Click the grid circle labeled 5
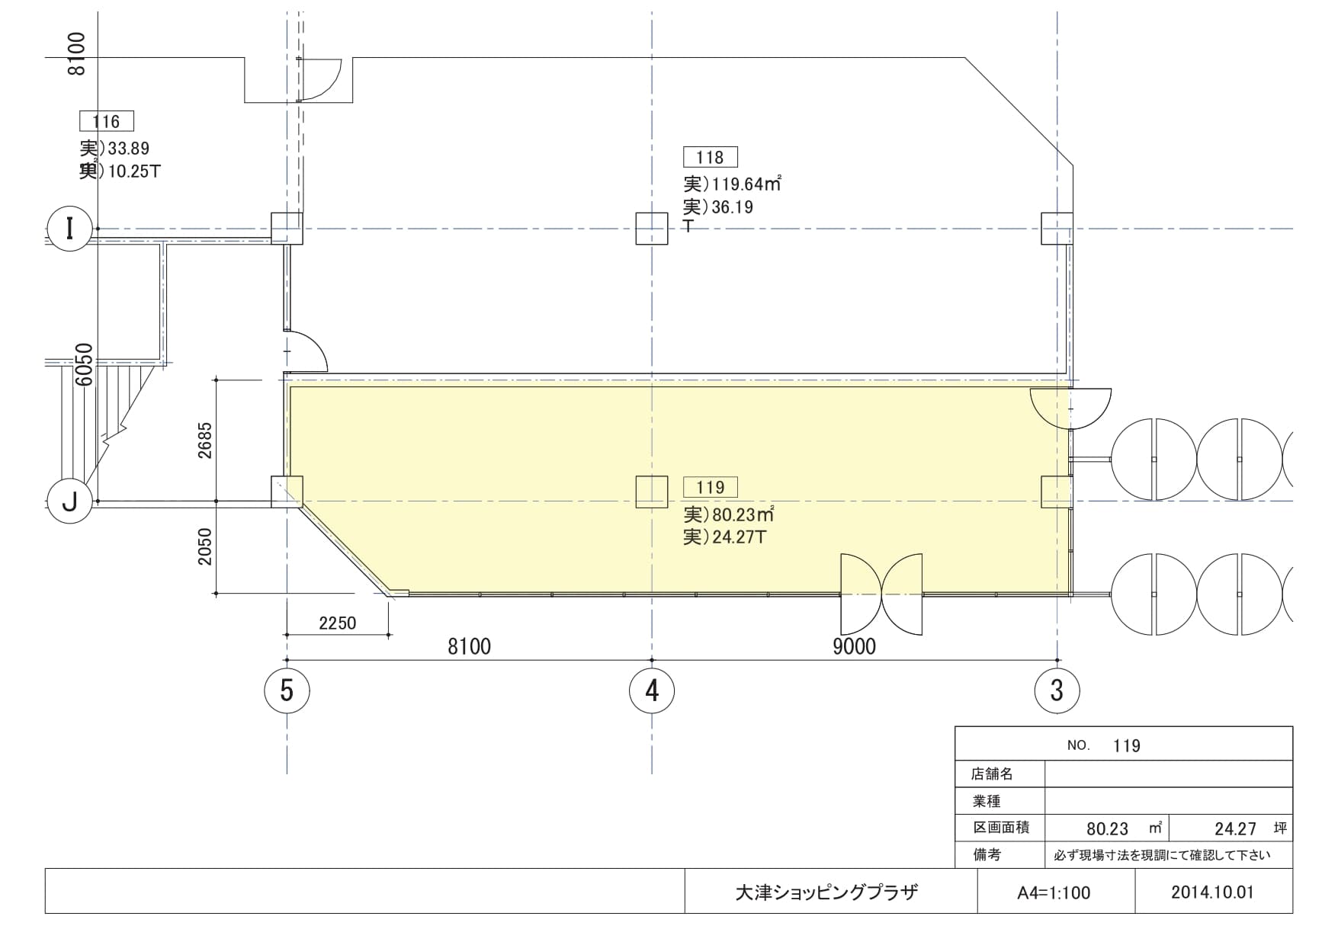pyautogui.click(x=287, y=690)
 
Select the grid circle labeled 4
pyautogui.click(x=652, y=690)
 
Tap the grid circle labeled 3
pyautogui.click(x=1057, y=690)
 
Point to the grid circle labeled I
pyautogui.click(x=70, y=229)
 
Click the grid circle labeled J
pyautogui.click(x=70, y=501)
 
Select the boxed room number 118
pyautogui.click(x=710, y=158)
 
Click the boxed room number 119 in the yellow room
pyautogui.click(x=710, y=487)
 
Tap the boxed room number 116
pyautogui.click(x=106, y=121)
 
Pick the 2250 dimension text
pyautogui.click(x=337, y=623)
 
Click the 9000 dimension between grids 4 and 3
pyautogui.click(x=854, y=647)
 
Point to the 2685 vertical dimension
pyautogui.click(x=204, y=440)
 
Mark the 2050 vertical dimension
pyautogui.click(x=204, y=546)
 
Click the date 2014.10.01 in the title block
pyautogui.click(x=1212, y=892)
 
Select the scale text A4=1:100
pyautogui.click(x=1054, y=892)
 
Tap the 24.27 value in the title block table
pyautogui.click(x=1235, y=828)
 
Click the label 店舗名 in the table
pyautogui.click(x=992, y=774)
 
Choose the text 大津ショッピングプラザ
pyautogui.click(x=826, y=892)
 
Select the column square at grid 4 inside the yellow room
pyautogui.click(x=652, y=492)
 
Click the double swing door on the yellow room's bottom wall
pyautogui.click(x=881, y=594)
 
